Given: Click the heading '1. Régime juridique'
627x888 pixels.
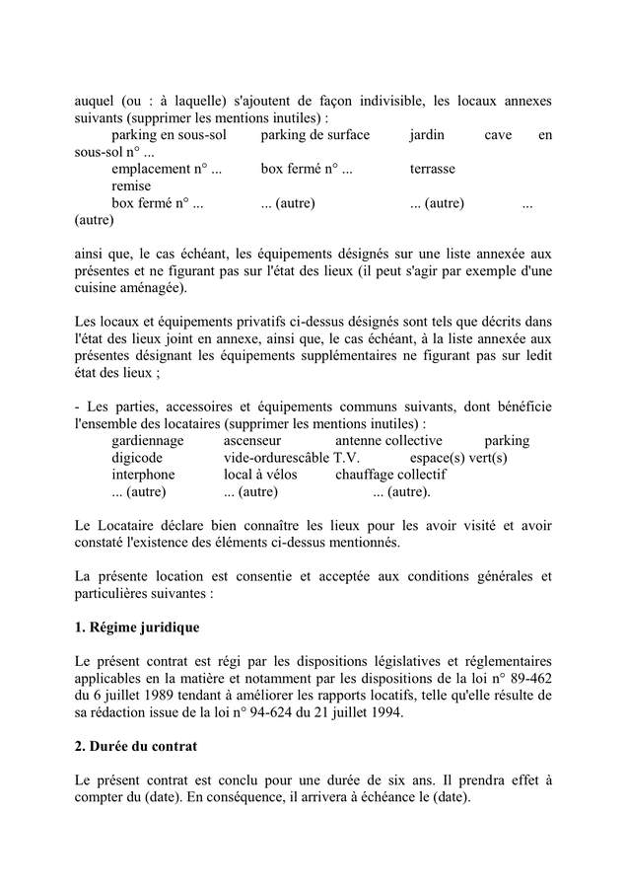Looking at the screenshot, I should click(x=137, y=627).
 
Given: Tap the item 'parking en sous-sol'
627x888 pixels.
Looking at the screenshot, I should click(x=169, y=135).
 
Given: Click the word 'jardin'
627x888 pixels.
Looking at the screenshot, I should click(x=427, y=135).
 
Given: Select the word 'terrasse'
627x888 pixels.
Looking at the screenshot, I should click(x=433, y=169).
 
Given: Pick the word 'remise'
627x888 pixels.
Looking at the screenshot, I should click(x=131, y=185).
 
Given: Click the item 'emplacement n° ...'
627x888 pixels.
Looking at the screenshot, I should click(x=167, y=169).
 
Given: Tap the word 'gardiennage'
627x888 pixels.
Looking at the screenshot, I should click(x=148, y=440).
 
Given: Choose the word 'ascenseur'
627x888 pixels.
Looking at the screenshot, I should click(x=252, y=440).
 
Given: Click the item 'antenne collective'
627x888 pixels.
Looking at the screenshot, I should click(x=388, y=440).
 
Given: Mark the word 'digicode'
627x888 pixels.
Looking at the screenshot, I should click(x=137, y=458).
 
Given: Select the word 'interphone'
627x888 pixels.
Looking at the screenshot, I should click(x=143, y=475).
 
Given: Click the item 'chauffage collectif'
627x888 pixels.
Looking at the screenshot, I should click(x=390, y=475).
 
